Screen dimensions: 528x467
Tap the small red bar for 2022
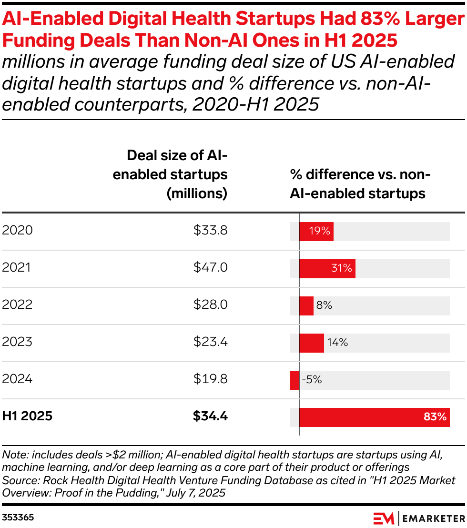pos(306,305)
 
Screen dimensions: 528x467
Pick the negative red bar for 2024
pos(294,380)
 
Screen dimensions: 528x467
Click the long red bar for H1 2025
pos(375,417)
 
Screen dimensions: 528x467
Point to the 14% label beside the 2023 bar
pos(337,342)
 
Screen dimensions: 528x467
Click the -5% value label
pos(312,380)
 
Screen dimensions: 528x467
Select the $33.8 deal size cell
pos(210,231)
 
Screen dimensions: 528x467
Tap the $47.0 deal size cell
pos(210,268)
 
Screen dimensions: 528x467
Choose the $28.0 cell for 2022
pos(210,305)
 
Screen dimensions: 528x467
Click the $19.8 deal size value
pos(210,379)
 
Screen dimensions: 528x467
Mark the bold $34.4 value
pos(210,416)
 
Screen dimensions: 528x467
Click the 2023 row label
pos(17,342)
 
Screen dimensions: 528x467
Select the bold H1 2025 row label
pos(27,416)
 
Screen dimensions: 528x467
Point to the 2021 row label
pos(17,268)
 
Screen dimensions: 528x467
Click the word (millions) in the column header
pos(197,193)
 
